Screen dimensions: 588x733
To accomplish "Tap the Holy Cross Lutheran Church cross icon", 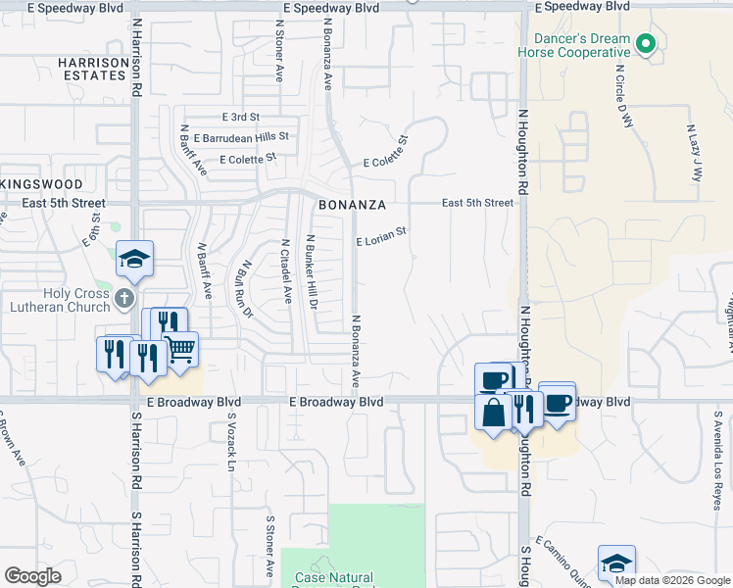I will pyautogui.click(x=123, y=297).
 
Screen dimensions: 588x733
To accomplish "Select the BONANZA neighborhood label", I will pyautogui.click(x=348, y=206).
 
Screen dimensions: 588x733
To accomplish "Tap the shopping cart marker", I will pyautogui.click(x=180, y=349).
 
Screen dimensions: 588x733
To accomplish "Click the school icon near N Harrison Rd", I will pyautogui.click(x=134, y=259).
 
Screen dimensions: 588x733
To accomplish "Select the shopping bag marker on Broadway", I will pyautogui.click(x=493, y=411).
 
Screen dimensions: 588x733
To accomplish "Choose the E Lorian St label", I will pyautogui.click(x=380, y=238).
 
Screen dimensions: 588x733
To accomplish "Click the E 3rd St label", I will pyautogui.click(x=239, y=117).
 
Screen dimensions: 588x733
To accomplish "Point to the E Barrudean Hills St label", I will pyautogui.click(x=241, y=138).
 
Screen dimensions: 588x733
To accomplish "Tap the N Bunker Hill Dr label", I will pyautogui.click(x=312, y=272).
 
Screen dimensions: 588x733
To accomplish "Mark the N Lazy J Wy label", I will pyautogui.click(x=695, y=153).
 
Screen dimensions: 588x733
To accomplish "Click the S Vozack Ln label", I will pyautogui.click(x=231, y=442).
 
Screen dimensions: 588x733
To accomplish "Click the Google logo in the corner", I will pyautogui.click(x=33, y=576).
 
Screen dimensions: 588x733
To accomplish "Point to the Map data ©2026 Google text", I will pyautogui.click(x=671, y=580).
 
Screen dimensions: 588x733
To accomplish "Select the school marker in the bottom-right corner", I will pyautogui.click(x=616, y=563).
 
